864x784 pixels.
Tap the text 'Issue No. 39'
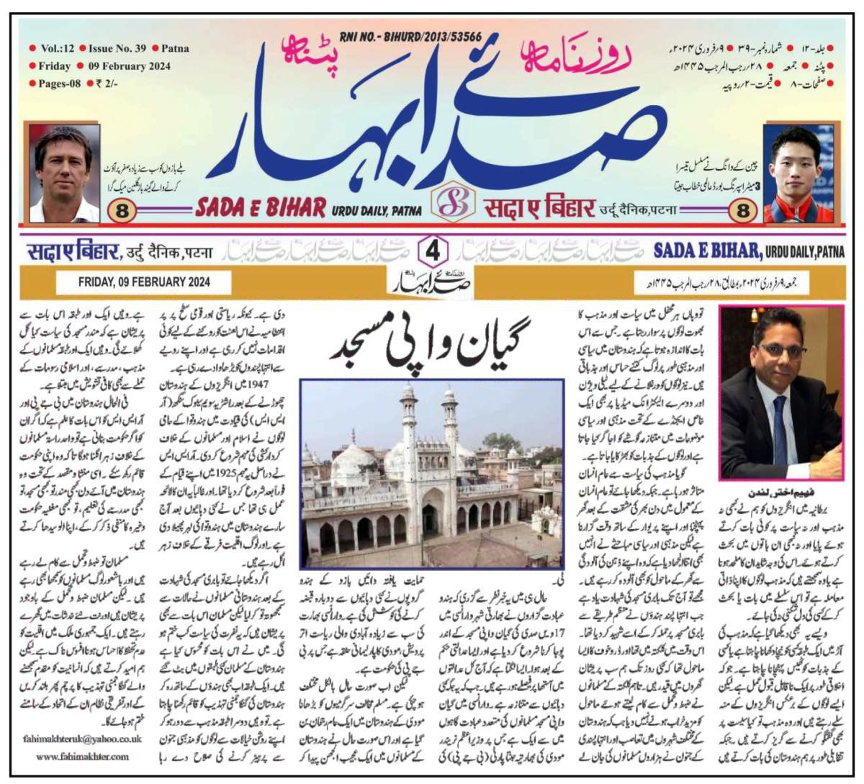[117, 49]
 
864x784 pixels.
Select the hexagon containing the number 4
[433, 251]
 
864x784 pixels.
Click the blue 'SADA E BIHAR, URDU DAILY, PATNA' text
[749, 251]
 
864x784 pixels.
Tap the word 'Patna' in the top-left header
[175, 49]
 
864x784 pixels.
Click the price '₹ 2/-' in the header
[106, 84]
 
